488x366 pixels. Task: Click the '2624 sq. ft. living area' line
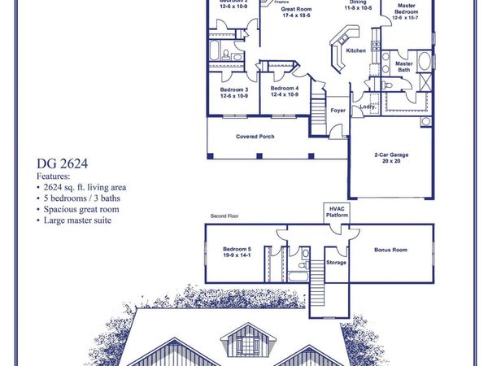(x=85, y=186)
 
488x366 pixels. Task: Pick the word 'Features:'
(x=54, y=175)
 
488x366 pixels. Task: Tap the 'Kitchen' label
(x=356, y=50)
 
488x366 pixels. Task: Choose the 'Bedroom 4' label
(x=285, y=88)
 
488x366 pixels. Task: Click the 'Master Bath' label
(x=404, y=66)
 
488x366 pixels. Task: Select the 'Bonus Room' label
(x=390, y=250)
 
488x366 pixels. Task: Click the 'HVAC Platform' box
(x=337, y=211)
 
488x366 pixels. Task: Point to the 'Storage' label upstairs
(x=336, y=262)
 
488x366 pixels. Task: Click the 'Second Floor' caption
(x=224, y=216)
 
